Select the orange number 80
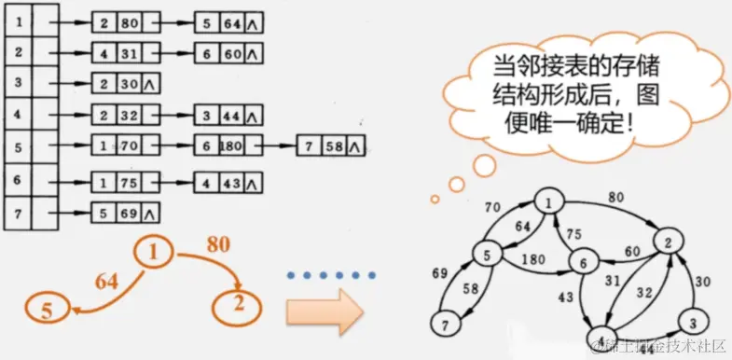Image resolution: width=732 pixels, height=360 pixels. pos(219,248)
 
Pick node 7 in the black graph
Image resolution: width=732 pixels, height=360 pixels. pos(445,324)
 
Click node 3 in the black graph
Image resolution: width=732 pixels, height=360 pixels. pos(691,321)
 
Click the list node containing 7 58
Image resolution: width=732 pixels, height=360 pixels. pos(330,146)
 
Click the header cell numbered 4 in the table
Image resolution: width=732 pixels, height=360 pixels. pos(17,117)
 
